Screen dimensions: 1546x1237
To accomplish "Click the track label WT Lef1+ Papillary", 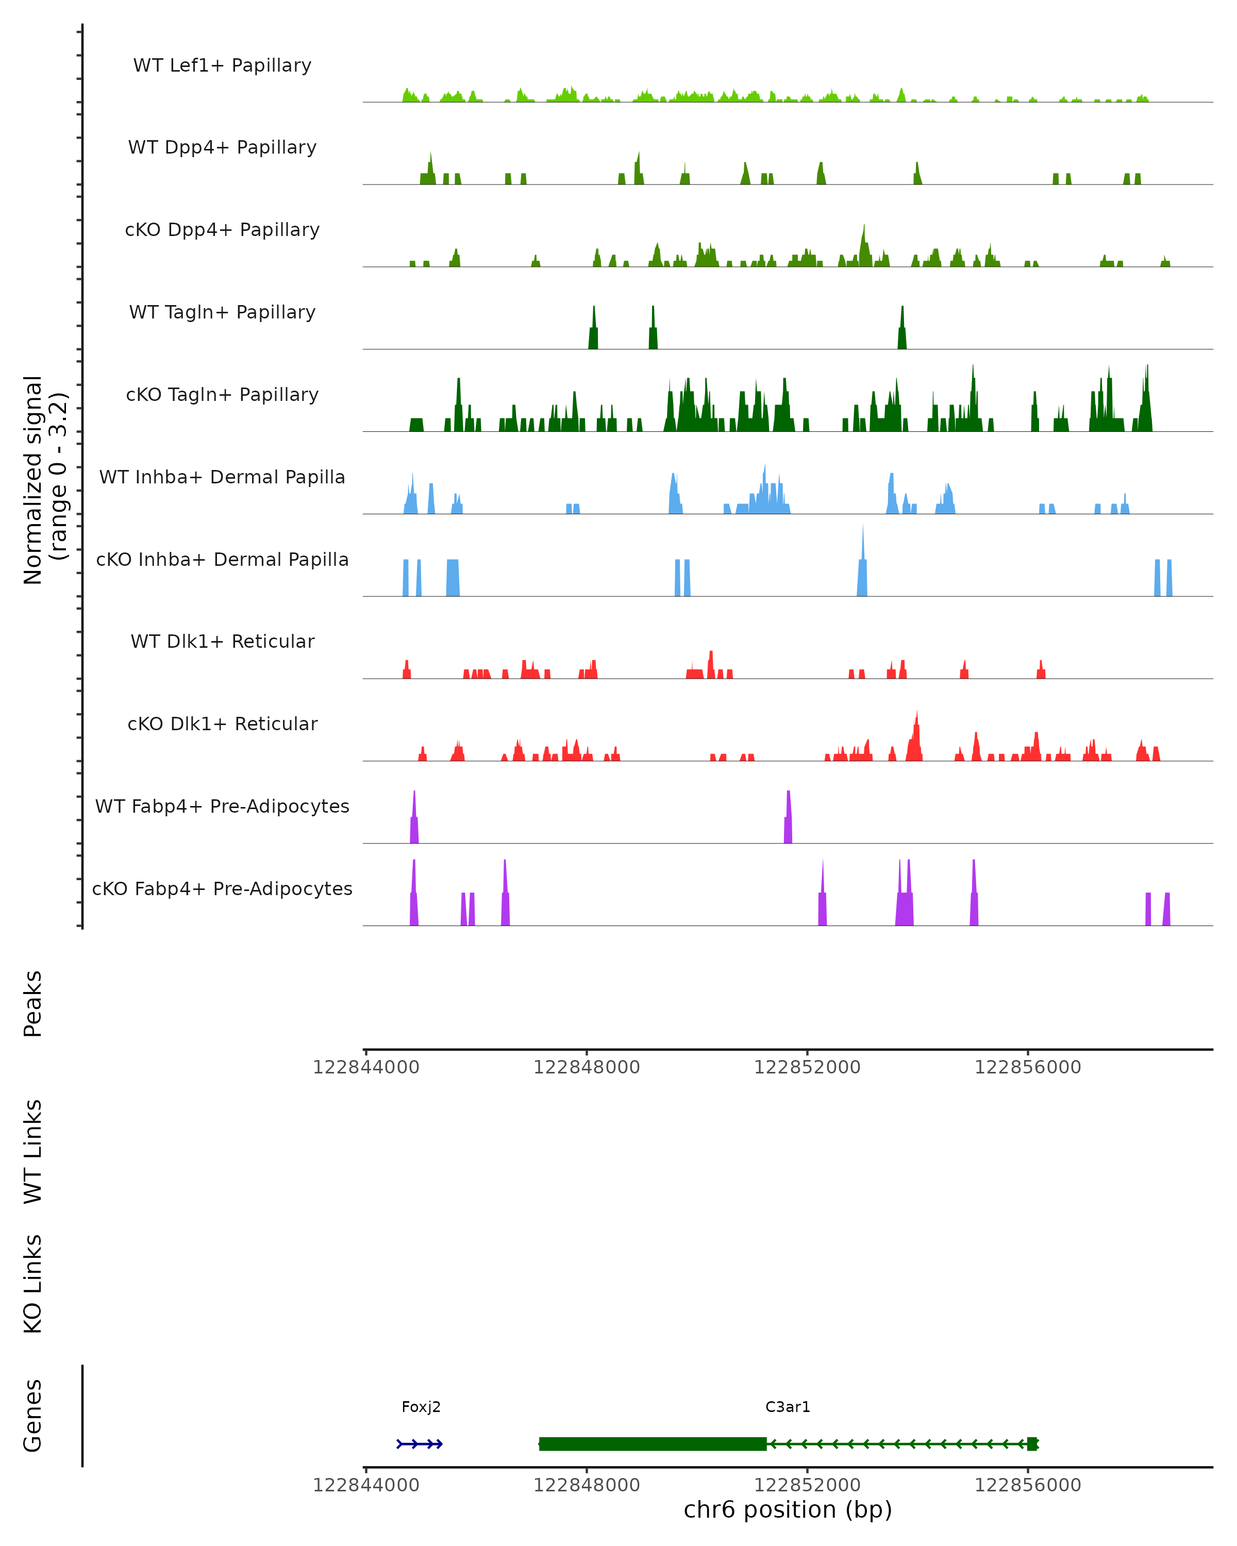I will (222, 65).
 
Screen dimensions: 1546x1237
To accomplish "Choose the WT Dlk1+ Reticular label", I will (222, 641).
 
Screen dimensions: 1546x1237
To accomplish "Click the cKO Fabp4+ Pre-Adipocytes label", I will (222, 888).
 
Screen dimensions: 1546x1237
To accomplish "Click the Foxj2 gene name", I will (421, 1406).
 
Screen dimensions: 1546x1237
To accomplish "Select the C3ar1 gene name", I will (788, 1406).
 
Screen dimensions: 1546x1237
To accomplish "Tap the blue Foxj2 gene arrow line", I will (420, 1443).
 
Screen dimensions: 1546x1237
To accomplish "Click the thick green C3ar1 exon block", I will (653, 1443).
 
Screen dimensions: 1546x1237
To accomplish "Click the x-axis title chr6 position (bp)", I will (788, 1509).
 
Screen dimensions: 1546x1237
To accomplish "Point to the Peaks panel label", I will (33, 1003).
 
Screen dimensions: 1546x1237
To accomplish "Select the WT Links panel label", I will (33, 1151).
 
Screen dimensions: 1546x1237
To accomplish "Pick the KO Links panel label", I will (33, 1284).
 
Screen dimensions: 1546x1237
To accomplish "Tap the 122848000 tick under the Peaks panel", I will (586, 1067).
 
